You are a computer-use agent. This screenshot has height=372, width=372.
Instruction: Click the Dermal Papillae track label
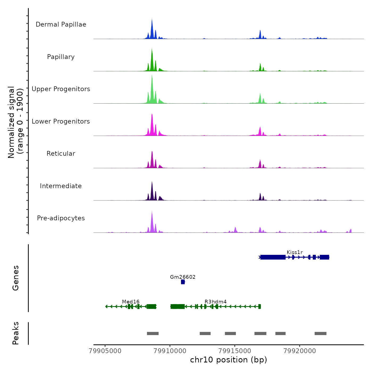click(61, 24)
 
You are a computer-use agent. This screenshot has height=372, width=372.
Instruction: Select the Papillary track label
click(61, 57)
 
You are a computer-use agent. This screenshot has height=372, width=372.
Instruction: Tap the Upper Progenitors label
click(61, 89)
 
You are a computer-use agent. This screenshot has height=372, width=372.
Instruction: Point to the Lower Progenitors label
click(61, 121)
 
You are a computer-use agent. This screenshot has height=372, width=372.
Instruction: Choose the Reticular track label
click(61, 154)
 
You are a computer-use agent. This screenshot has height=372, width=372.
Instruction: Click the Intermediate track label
click(61, 186)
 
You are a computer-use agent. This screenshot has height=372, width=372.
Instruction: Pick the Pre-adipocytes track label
click(61, 218)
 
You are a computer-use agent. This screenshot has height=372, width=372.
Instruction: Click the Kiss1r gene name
click(295, 252)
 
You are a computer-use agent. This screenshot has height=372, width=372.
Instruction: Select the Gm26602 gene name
click(183, 277)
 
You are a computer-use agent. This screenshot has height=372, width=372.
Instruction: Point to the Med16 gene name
click(131, 302)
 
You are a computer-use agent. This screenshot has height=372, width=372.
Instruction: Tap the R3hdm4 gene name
click(215, 302)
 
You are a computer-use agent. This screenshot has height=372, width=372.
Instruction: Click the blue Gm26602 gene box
click(183, 282)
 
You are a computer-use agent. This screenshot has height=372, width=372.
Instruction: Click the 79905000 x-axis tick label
click(105, 351)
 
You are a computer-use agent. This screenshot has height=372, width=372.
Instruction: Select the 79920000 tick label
click(300, 351)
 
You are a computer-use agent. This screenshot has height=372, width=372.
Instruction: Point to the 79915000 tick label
click(235, 351)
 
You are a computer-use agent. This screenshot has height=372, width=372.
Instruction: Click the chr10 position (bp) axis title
click(229, 360)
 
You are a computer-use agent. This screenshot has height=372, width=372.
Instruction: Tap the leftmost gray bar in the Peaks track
click(153, 333)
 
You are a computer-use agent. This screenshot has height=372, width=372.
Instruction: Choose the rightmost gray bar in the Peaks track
click(320, 333)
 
